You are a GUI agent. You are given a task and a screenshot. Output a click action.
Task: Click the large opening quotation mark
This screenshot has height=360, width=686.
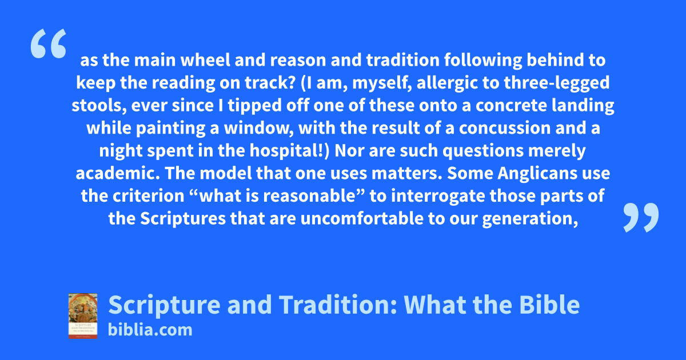point(49,43)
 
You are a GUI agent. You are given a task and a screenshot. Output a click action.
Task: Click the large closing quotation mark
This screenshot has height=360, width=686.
point(641,217)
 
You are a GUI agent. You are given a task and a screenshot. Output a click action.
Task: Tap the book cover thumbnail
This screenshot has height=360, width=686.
point(83,316)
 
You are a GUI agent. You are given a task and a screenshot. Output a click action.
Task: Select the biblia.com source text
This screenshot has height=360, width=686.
point(150,330)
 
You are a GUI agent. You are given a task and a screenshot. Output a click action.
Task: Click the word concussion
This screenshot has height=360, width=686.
point(505,128)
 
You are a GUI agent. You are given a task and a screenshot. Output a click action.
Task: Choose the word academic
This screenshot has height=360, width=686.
point(118,173)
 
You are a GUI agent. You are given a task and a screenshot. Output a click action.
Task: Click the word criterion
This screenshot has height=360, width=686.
point(148,196)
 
